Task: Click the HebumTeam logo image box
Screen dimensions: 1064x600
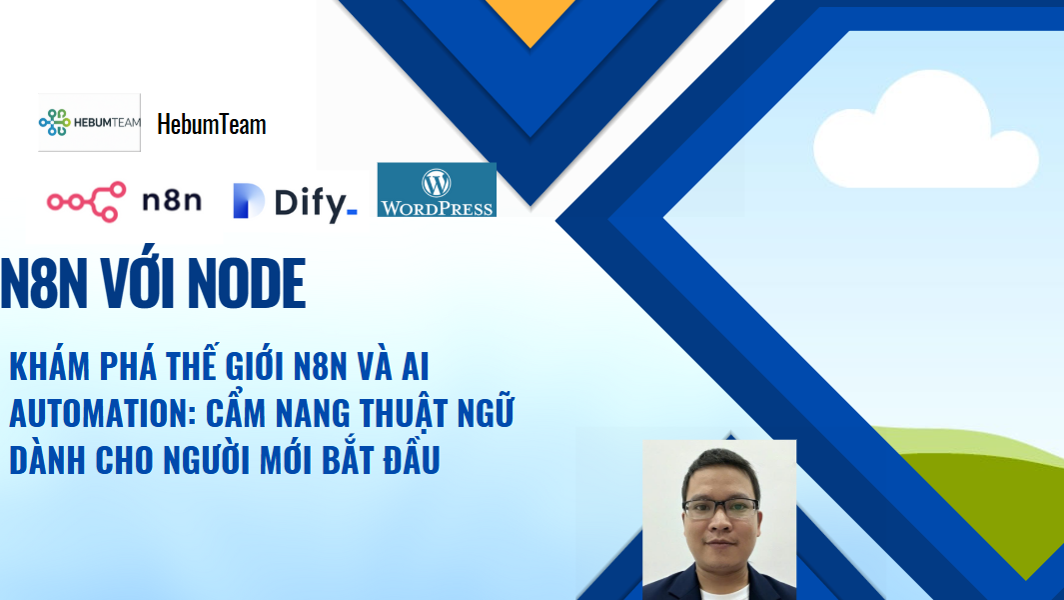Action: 90,122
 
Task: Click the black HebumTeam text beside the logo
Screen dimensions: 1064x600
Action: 212,124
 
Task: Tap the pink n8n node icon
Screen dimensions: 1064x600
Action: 86,202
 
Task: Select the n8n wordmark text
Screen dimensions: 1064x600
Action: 172,200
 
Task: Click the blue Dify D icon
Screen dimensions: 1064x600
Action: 249,200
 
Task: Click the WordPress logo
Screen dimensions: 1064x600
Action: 437,190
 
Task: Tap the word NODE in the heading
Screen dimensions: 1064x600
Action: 247,284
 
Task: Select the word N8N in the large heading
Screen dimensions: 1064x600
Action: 44,284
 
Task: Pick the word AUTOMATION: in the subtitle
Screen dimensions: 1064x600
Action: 103,413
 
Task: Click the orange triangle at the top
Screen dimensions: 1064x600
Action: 531,19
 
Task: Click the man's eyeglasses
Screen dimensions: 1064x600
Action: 720,509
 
